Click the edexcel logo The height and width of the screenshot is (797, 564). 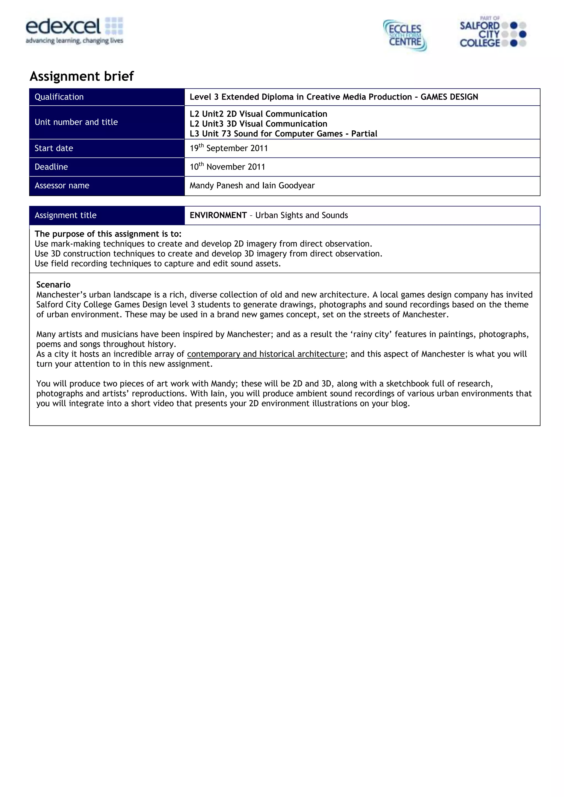point(74,31)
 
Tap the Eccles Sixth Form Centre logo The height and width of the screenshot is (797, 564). point(405,35)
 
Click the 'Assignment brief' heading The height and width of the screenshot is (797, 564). point(82,76)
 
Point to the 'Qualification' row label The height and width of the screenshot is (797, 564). point(59,97)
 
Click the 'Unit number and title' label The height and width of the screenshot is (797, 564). point(76,122)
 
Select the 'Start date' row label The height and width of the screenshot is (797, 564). point(54,148)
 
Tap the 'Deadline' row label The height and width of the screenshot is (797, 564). point(51,167)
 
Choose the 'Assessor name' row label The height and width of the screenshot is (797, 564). point(62,186)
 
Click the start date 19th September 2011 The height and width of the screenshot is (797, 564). point(229,148)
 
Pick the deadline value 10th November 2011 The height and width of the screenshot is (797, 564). point(227,167)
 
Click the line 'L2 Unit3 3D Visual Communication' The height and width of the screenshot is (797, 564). point(258,124)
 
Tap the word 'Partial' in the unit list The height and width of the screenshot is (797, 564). point(364,134)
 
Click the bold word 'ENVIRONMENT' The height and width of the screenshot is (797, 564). point(218,215)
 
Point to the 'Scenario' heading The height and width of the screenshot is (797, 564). point(53,285)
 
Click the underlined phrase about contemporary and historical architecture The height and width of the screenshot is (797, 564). point(266,354)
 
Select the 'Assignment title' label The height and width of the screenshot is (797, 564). point(65,215)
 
